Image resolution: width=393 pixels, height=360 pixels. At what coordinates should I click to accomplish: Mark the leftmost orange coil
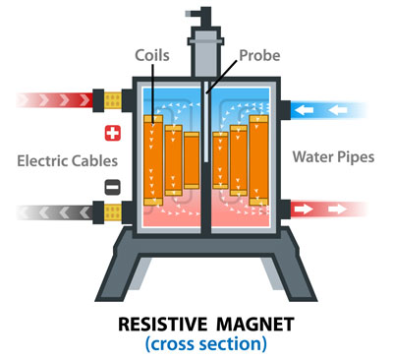point(153,162)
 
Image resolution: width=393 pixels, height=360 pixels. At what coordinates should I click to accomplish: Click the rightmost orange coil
point(259,162)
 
